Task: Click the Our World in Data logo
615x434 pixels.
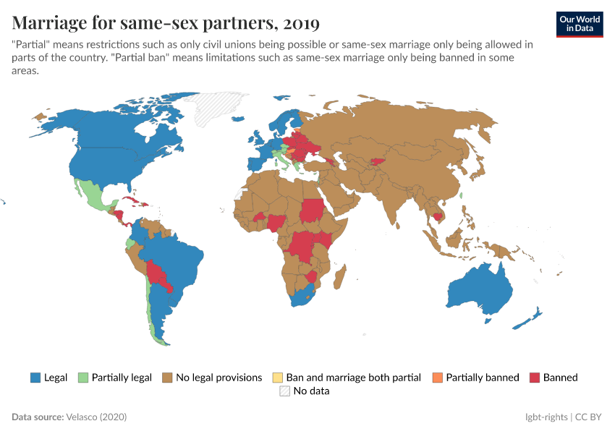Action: pyautogui.click(x=579, y=24)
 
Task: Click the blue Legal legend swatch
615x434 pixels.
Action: pyautogui.click(x=35, y=377)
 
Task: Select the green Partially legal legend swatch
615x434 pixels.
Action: pyautogui.click(x=82, y=377)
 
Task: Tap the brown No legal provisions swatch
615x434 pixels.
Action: pyautogui.click(x=167, y=377)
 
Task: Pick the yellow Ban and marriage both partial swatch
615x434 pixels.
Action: pyautogui.click(x=277, y=377)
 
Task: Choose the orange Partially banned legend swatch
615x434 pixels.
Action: pyautogui.click(x=437, y=377)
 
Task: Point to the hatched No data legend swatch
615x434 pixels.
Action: pyautogui.click(x=284, y=391)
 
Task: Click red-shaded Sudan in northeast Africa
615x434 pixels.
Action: pyautogui.click(x=313, y=210)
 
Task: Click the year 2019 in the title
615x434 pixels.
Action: pyautogui.click(x=302, y=23)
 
